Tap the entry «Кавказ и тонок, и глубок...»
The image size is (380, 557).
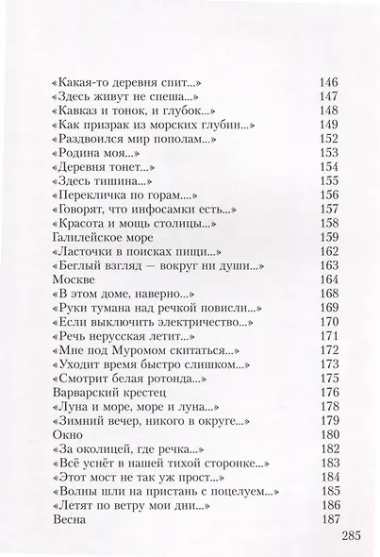(x=126, y=110)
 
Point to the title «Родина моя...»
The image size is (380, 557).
(x=94, y=153)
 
